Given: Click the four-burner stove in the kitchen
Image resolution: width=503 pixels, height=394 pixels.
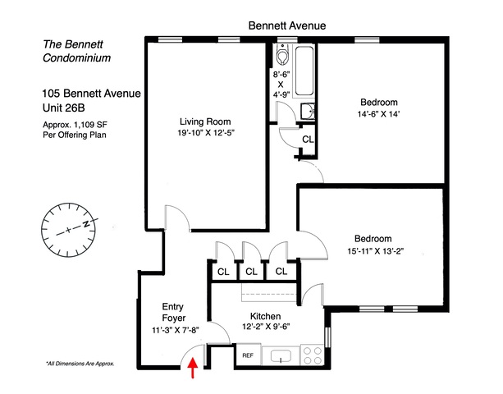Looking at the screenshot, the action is pos(313,355).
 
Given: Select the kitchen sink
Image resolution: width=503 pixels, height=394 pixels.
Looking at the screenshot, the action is pos(281,356).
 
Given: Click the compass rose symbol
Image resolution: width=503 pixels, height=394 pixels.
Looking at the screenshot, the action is pos(71,227).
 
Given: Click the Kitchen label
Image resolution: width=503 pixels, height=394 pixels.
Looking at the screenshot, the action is pos(265,317).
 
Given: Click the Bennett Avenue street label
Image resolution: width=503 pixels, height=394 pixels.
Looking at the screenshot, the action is pos(288,26).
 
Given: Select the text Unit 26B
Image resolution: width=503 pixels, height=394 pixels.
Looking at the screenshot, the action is pos(66,108).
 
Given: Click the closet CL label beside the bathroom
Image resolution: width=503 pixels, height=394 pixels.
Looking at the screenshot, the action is pos(307,140).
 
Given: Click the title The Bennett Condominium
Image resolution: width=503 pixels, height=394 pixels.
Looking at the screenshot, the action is pos(75,51).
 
